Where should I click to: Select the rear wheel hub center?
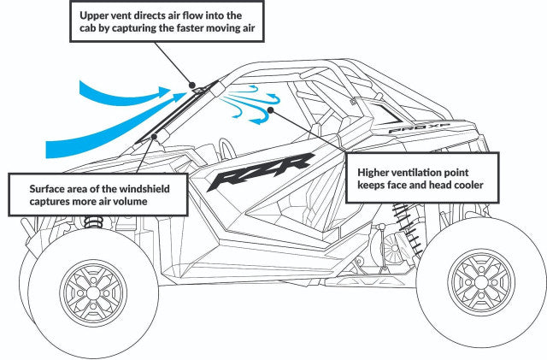pyautogui.click(x=482, y=284)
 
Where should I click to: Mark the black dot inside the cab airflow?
pyautogui.click(x=269, y=109)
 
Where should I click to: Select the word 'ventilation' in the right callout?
pyautogui.click(x=426, y=170)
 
